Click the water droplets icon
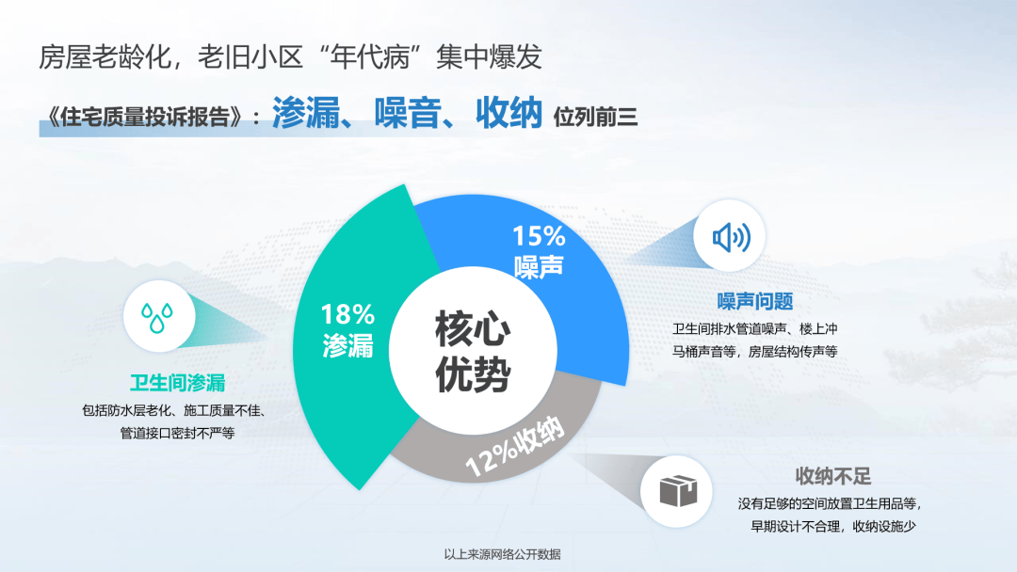[x=157, y=317]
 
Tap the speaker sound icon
[x=731, y=237]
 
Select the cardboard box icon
[x=678, y=490]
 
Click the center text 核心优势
[x=473, y=351]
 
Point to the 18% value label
[x=347, y=315]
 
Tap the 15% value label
[x=539, y=236]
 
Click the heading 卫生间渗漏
[x=177, y=383]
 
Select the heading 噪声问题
[x=755, y=301]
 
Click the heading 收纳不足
[x=832, y=476]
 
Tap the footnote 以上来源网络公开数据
[x=502, y=554]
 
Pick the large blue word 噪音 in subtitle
[x=408, y=113]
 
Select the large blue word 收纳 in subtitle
[x=509, y=113]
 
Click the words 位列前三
[x=595, y=118]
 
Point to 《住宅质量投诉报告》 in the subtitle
[x=144, y=118]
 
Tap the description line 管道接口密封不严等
[x=177, y=433]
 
